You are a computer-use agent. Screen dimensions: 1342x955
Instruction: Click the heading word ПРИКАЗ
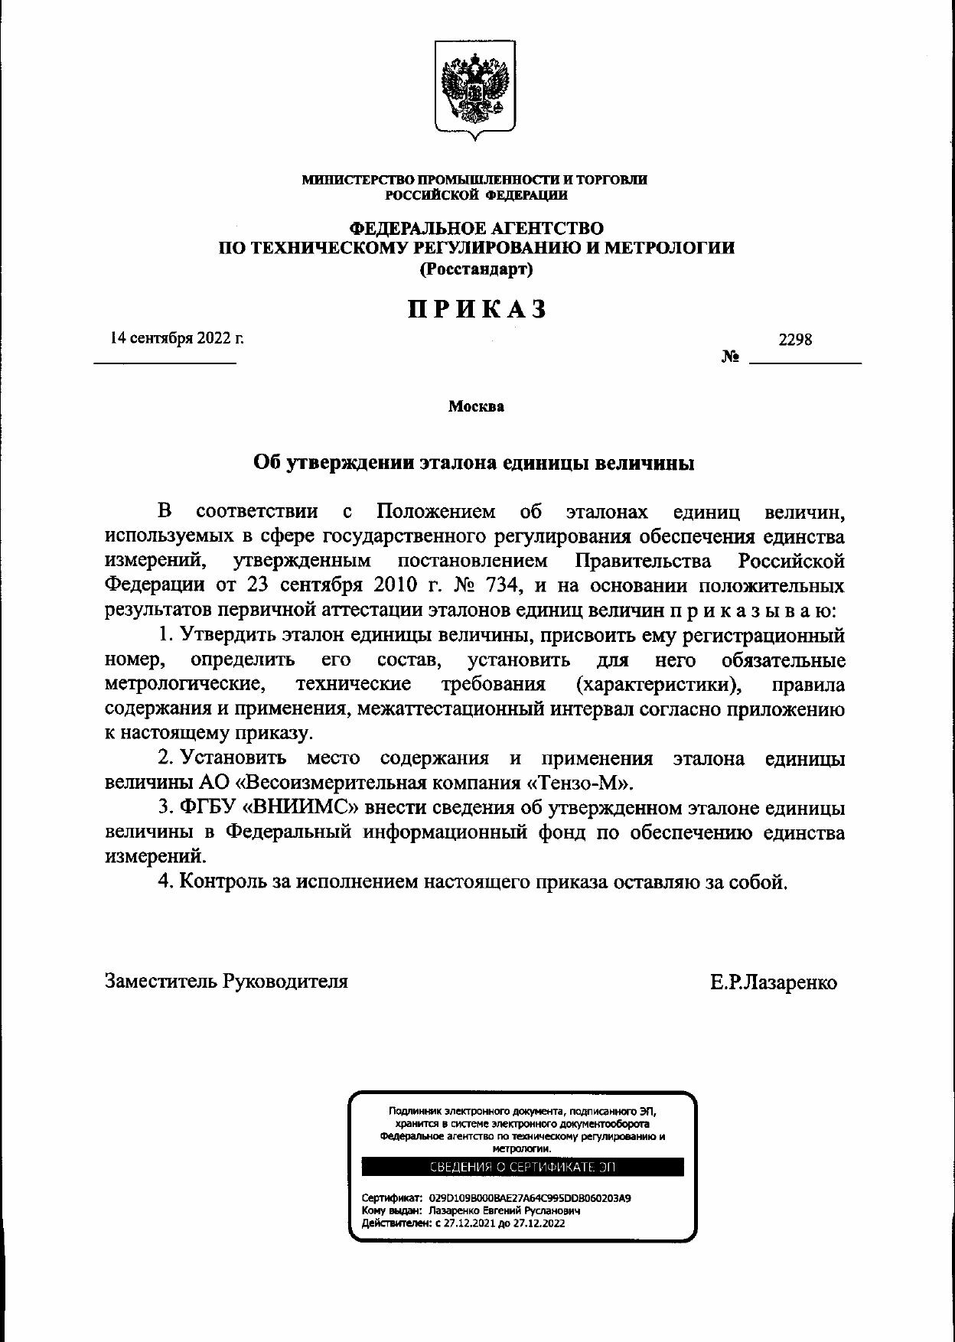[x=477, y=308]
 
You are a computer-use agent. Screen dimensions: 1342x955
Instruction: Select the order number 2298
[x=795, y=339]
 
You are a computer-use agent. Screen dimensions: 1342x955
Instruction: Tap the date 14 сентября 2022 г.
[x=177, y=337]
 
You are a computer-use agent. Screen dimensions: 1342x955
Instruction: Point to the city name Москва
[x=476, y=406]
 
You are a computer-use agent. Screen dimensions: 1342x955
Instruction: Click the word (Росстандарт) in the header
[x=476, y=269]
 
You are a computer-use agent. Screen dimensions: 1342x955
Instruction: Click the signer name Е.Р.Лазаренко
[x=773, y=982]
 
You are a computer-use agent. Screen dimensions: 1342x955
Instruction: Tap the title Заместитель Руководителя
[x=227, y=981]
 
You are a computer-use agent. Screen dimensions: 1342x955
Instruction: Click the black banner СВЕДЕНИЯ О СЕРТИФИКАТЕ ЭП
[x=523, y=1167]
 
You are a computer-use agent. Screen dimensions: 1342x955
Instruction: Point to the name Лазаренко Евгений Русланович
[x=505, y=1211]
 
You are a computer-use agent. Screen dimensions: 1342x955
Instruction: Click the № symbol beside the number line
[x=730, y=357]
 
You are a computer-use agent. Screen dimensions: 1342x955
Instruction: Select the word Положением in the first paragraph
[x=435, y=512]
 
